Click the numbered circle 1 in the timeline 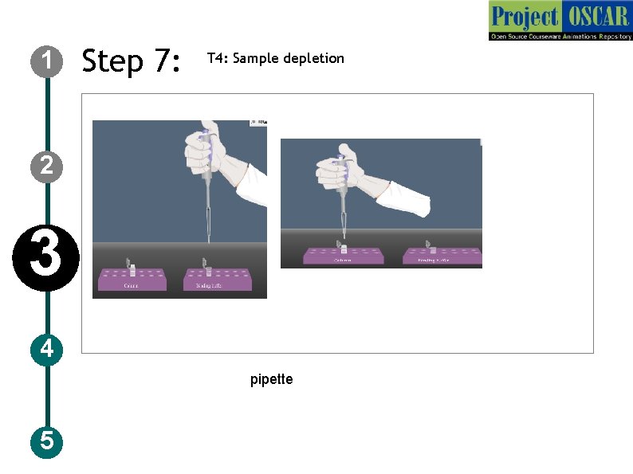(x=47, y=60)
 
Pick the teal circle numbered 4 (x=47, y=349)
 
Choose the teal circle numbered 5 (x=47, y=441)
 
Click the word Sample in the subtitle (x=256, y=59)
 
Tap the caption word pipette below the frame (x=271, y=379)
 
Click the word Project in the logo (x=524, y=16)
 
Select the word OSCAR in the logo (x=596, y=16)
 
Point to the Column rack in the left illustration (x=132, y=280)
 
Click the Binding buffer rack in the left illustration (x=218, y=280)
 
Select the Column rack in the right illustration (x=343, y=257)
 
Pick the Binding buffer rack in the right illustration (x=442, y=256)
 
